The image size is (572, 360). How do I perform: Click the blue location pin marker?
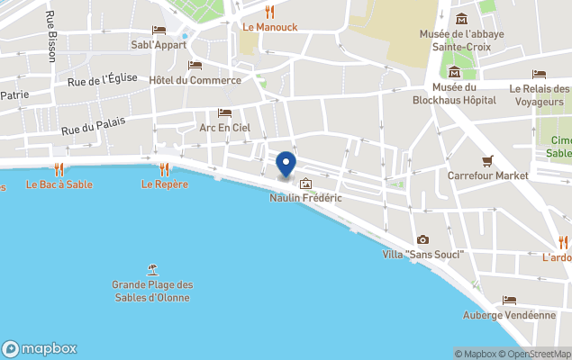tap(286, 164)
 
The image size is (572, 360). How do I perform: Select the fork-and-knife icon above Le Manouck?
tap(269, 12)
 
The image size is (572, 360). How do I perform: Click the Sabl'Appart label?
tap(159, 45)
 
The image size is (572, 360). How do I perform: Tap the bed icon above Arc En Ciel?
tap(224, 113)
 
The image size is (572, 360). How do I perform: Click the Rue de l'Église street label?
tap(102, 80)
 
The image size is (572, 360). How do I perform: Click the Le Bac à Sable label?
tap(59, 184)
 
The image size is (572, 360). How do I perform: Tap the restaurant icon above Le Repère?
tap(164, 168)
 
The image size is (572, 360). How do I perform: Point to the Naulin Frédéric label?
tap(305, 198)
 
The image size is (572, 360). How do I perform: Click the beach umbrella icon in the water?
tap(152, 269)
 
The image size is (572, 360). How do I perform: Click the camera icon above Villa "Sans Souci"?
tap(422, 239)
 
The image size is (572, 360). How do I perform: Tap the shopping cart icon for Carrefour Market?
tap(487, 161)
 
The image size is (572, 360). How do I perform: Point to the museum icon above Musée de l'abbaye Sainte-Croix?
tap(461, 19)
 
